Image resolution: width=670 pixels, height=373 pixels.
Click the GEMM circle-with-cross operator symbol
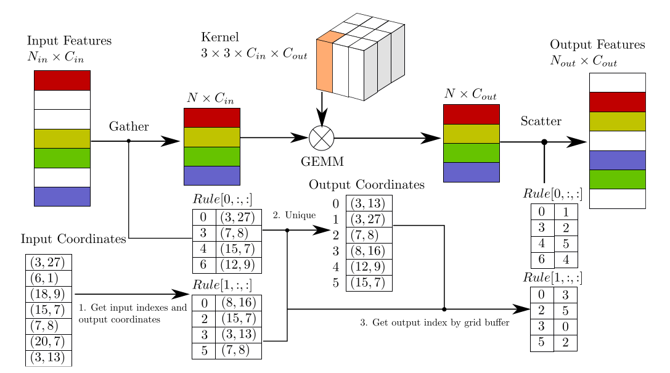[322, 138]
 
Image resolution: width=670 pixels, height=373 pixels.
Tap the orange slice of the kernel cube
[325, 64]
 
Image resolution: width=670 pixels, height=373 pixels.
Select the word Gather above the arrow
[129, 126]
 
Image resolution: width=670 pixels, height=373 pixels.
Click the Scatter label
[541, 121]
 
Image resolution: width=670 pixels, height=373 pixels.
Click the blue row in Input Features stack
[62, 196]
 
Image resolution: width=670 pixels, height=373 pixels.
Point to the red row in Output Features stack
[617, 102]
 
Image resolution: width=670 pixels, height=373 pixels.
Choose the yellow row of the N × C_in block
[211, 137]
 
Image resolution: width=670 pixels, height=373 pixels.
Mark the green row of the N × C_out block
[471, 152]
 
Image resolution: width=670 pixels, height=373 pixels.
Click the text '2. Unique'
[294, 215]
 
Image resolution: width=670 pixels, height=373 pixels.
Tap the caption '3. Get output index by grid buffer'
[435, 322]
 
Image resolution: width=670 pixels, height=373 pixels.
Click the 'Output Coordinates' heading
[366, 185]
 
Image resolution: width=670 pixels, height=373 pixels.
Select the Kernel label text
[219, 37]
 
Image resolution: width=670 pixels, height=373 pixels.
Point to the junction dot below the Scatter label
[544, 142]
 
